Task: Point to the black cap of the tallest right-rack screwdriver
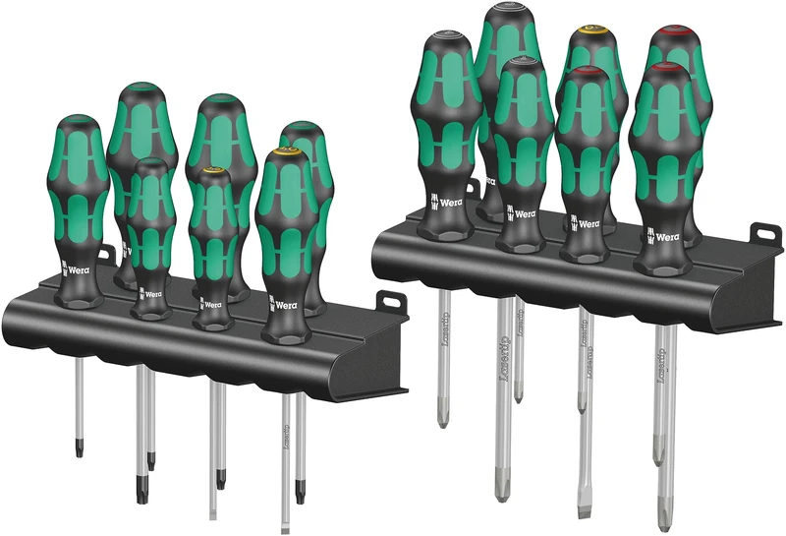(512, 11)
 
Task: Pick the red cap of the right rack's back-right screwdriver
(675, 31)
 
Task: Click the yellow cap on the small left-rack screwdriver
(211, 175)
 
